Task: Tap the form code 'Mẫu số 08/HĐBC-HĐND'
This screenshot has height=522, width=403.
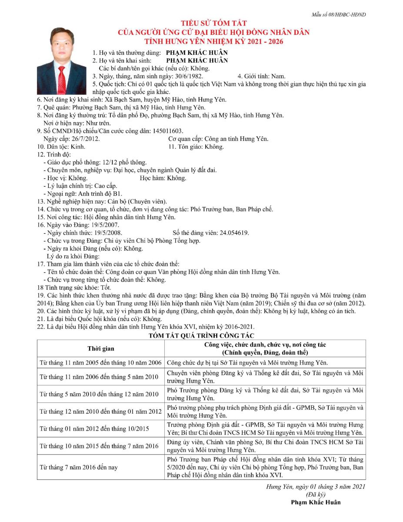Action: pos(338,14)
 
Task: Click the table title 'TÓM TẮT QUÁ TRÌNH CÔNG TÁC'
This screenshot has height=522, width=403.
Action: pos(201,335)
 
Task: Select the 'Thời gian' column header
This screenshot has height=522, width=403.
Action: pos(100,348)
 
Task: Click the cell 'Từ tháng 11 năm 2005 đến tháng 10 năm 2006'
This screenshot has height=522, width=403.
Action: pos(100,362)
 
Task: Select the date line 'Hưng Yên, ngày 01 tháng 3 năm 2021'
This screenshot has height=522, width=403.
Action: pos(316,486)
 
